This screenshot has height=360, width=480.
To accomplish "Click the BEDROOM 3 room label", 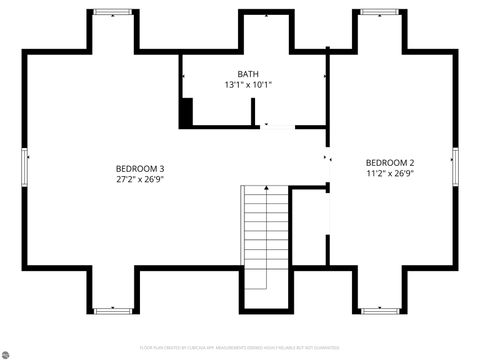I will pos(140,168).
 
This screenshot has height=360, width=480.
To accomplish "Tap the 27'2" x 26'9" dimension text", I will pos(140,180).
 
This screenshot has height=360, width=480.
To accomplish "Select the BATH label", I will pos(248,74).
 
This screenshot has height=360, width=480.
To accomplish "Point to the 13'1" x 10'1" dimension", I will pos(248,85).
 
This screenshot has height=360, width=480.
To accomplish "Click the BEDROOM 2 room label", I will pos(390,162).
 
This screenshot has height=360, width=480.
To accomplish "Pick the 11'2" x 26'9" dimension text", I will pos(390,173).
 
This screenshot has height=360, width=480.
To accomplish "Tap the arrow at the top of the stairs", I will pos(266,188).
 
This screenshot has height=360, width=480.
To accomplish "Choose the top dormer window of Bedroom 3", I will pos(113,13).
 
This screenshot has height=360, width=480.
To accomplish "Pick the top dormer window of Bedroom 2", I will pos(378,13).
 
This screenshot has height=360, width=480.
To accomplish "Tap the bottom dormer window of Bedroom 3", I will pos(113,310).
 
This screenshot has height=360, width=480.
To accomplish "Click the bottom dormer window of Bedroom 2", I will pos(378,310).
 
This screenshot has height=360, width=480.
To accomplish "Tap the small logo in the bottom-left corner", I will pos(7,352).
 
